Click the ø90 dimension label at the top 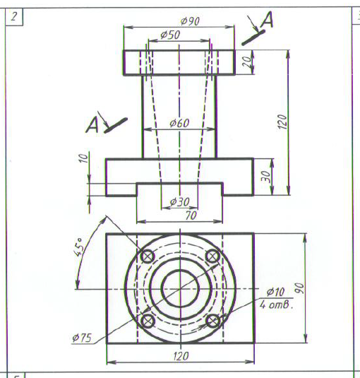[x=190, y=21]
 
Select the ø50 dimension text [x=170, y=35]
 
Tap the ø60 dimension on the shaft [x=179, y=123]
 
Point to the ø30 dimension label [x=179, y=201]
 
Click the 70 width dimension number [x=191, y=215]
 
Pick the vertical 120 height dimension [x=282, y=122]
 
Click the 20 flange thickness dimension [x=247, y=61]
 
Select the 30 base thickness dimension [x=266, y=177]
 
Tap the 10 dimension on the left [x=83, y=158]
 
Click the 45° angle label [x=78, y=247]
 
